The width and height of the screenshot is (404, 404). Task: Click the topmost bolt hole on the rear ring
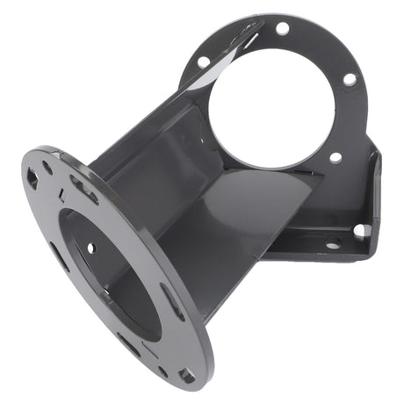pyautogui.click(x=282, y=28)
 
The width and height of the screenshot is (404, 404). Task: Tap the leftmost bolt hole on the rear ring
pyautogui.click(x=203, y=62)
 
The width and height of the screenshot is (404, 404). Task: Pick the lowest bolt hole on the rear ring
pyautogui.click(x=335, y=158)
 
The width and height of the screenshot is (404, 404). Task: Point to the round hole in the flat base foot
pyautogui.click(x=333, y=244)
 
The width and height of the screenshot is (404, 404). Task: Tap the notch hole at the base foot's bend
pyautogui.click(x=360, y=230)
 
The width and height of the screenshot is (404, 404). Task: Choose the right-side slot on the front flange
pyautogui.click(x=173, y=302)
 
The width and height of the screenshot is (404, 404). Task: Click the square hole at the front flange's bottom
pyautogui.click(x=186, y=375)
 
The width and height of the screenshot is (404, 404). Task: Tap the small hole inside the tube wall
pyautogui.click(x=90, y=248)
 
